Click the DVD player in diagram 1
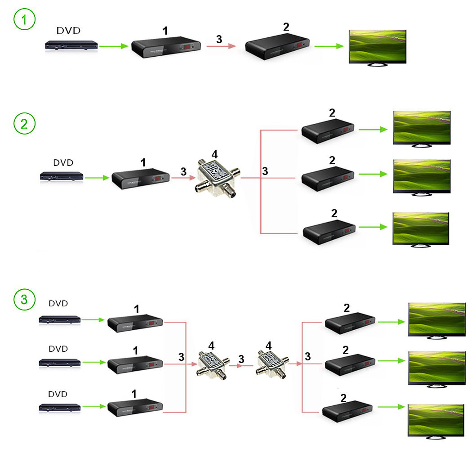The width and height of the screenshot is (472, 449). [x=71, y=46]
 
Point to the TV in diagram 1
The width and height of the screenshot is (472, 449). [x=378, y=47]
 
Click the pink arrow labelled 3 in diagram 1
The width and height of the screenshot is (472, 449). [x=222, y=46]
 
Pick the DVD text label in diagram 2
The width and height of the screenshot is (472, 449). [x=63, y=163]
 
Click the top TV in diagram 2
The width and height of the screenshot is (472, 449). [x=421, y=128]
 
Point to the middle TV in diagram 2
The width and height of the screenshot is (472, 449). [x=421, y=176]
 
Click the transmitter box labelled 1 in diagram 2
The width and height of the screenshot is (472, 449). [x=140, y=179]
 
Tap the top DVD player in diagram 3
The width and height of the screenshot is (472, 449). [x=59, y=320]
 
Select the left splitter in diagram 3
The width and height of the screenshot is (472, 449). [x=212, y=364]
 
